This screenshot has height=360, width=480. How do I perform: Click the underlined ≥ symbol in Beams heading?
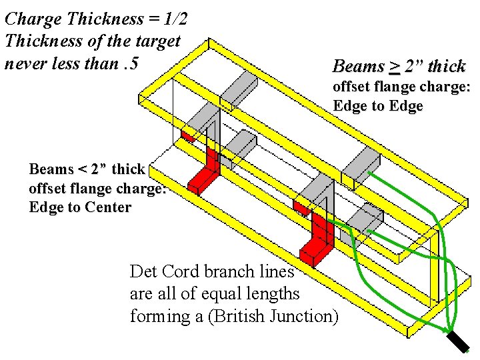395,67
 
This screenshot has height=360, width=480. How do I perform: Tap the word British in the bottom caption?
244,316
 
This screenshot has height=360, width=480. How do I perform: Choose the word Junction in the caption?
307,316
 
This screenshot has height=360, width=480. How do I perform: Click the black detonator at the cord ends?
458,341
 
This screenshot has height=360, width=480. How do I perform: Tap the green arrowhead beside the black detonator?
445,330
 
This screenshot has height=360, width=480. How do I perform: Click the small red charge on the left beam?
187,136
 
